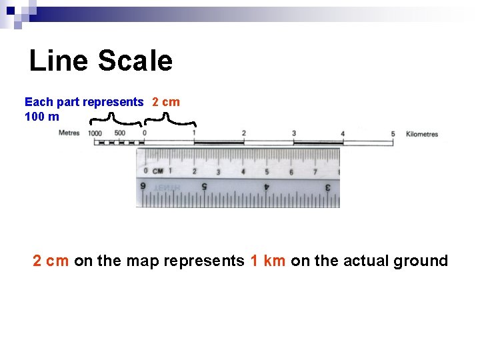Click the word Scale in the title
point(135,61)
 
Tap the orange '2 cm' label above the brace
point(166,102)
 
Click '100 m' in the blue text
point(41,117)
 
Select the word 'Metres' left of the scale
point(69,133)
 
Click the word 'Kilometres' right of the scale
point(421,134)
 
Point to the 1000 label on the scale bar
point(95,133)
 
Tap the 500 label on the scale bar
point(119,133)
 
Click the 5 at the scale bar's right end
point(393,134)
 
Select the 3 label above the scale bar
point(294,133)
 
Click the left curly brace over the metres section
point(115,119)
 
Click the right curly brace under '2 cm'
point(170,119)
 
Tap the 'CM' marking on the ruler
point(158,171)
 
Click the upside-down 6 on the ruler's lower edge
point(143,186)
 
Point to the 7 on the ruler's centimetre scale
point(315,172)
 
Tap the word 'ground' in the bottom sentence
point(421,261)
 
